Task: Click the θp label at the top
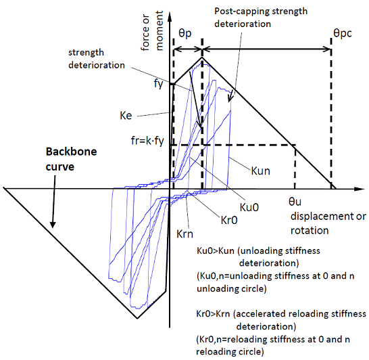(x=185, y=34)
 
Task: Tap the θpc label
(x=343, y=33)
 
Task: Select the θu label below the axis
(x=295, y=202)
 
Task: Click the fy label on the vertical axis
(x=158, y=83)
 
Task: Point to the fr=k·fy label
(x=147, y=141)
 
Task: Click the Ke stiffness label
(x=126, y=116)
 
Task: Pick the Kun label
(x=260, y=171)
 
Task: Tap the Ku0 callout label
(x=249, y=207)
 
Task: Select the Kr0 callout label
(x=229, y=221)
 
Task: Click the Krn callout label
(x=184, y=234)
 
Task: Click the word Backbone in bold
(x=72, y=152)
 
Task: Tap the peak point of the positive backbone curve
(x=202, y=57)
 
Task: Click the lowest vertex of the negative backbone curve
(x=137, y=319)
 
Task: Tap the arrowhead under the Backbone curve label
(x=53, y=225)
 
